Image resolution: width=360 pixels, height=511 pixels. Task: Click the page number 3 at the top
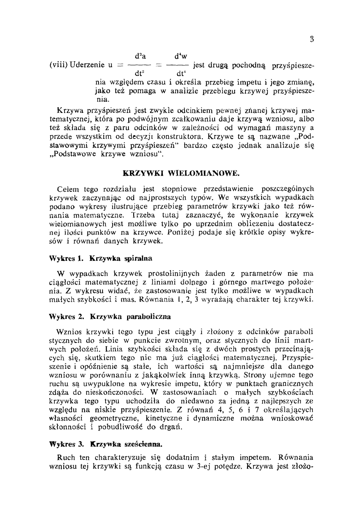tap(312, 40)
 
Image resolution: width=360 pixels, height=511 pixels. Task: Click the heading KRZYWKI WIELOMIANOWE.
tap(181, 173)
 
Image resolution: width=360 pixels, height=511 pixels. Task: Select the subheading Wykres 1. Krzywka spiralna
tap(100, 258)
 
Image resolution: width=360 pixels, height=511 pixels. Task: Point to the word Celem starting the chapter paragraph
tap(68, 189)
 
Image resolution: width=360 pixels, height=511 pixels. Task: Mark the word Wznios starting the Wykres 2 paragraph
tap(69, 331)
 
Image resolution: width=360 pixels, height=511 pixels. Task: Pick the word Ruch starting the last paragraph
tap(66, 458)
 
